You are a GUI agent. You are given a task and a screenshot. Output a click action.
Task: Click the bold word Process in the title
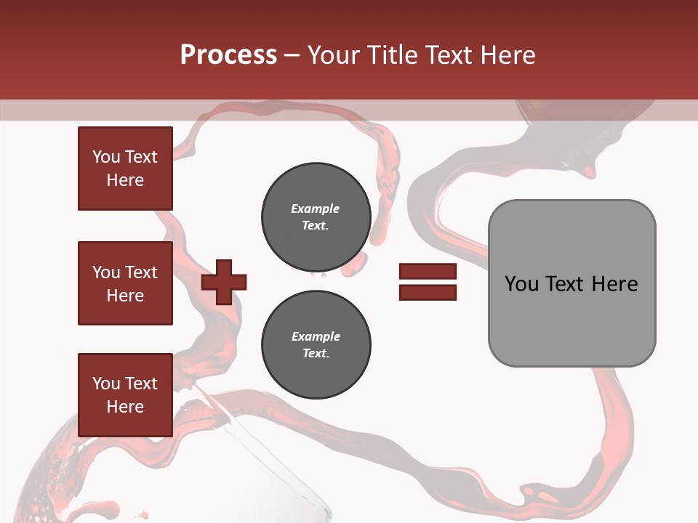pyautogui.click(x=228, y=55)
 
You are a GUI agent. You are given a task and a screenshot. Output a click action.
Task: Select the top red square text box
pyautogui.click(x=125, y=169)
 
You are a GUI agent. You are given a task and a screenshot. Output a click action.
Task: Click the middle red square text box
pyautogui.click(x=125, y=283)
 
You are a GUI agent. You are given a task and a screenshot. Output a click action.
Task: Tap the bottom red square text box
pyautogui.click(x=125, y=395)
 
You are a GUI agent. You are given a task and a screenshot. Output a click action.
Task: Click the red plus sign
pyautogui.click(x=224, y=282)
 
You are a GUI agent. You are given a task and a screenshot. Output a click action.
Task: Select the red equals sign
pyautogui.click(x=428, y=282)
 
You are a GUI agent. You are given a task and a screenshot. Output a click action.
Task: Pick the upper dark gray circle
pyautogui.click(x=316, y=216)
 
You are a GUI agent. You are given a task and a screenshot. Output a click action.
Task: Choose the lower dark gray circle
pyautogui.click(x=316, y=344)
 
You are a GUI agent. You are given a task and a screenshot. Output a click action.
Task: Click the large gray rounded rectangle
pyautogui.click(x=571, y=283)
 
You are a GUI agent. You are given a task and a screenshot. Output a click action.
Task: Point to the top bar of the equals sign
pyautogui.click(x=428, y=272)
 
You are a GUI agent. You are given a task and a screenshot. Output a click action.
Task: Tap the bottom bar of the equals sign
pyautogui.click(x=428, y=292)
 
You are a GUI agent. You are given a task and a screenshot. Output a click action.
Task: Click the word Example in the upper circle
pyautogui.click(x=316, y=208)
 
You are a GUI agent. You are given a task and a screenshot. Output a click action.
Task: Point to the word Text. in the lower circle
pyautogui.click(x=316, y=354)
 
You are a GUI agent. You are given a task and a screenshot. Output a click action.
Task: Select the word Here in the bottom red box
pyautogui.click(x=125, y=407)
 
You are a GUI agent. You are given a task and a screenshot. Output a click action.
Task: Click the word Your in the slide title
pyautogui.click(x=334, y=55)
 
